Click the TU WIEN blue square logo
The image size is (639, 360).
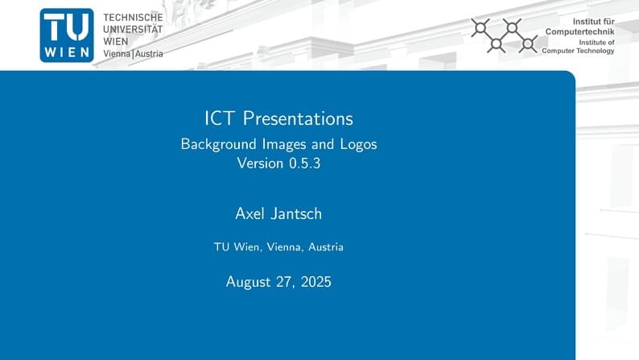[67, 35]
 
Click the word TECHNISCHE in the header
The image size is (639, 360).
[133, 17]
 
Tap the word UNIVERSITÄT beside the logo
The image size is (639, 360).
[133, 29]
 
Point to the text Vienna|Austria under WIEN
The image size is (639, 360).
[133, 53]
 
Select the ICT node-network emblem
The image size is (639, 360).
[505, 35]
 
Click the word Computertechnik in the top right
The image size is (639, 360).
[579, 31]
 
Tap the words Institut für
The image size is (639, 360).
[593, 20]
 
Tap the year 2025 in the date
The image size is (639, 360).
[315, 282]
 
